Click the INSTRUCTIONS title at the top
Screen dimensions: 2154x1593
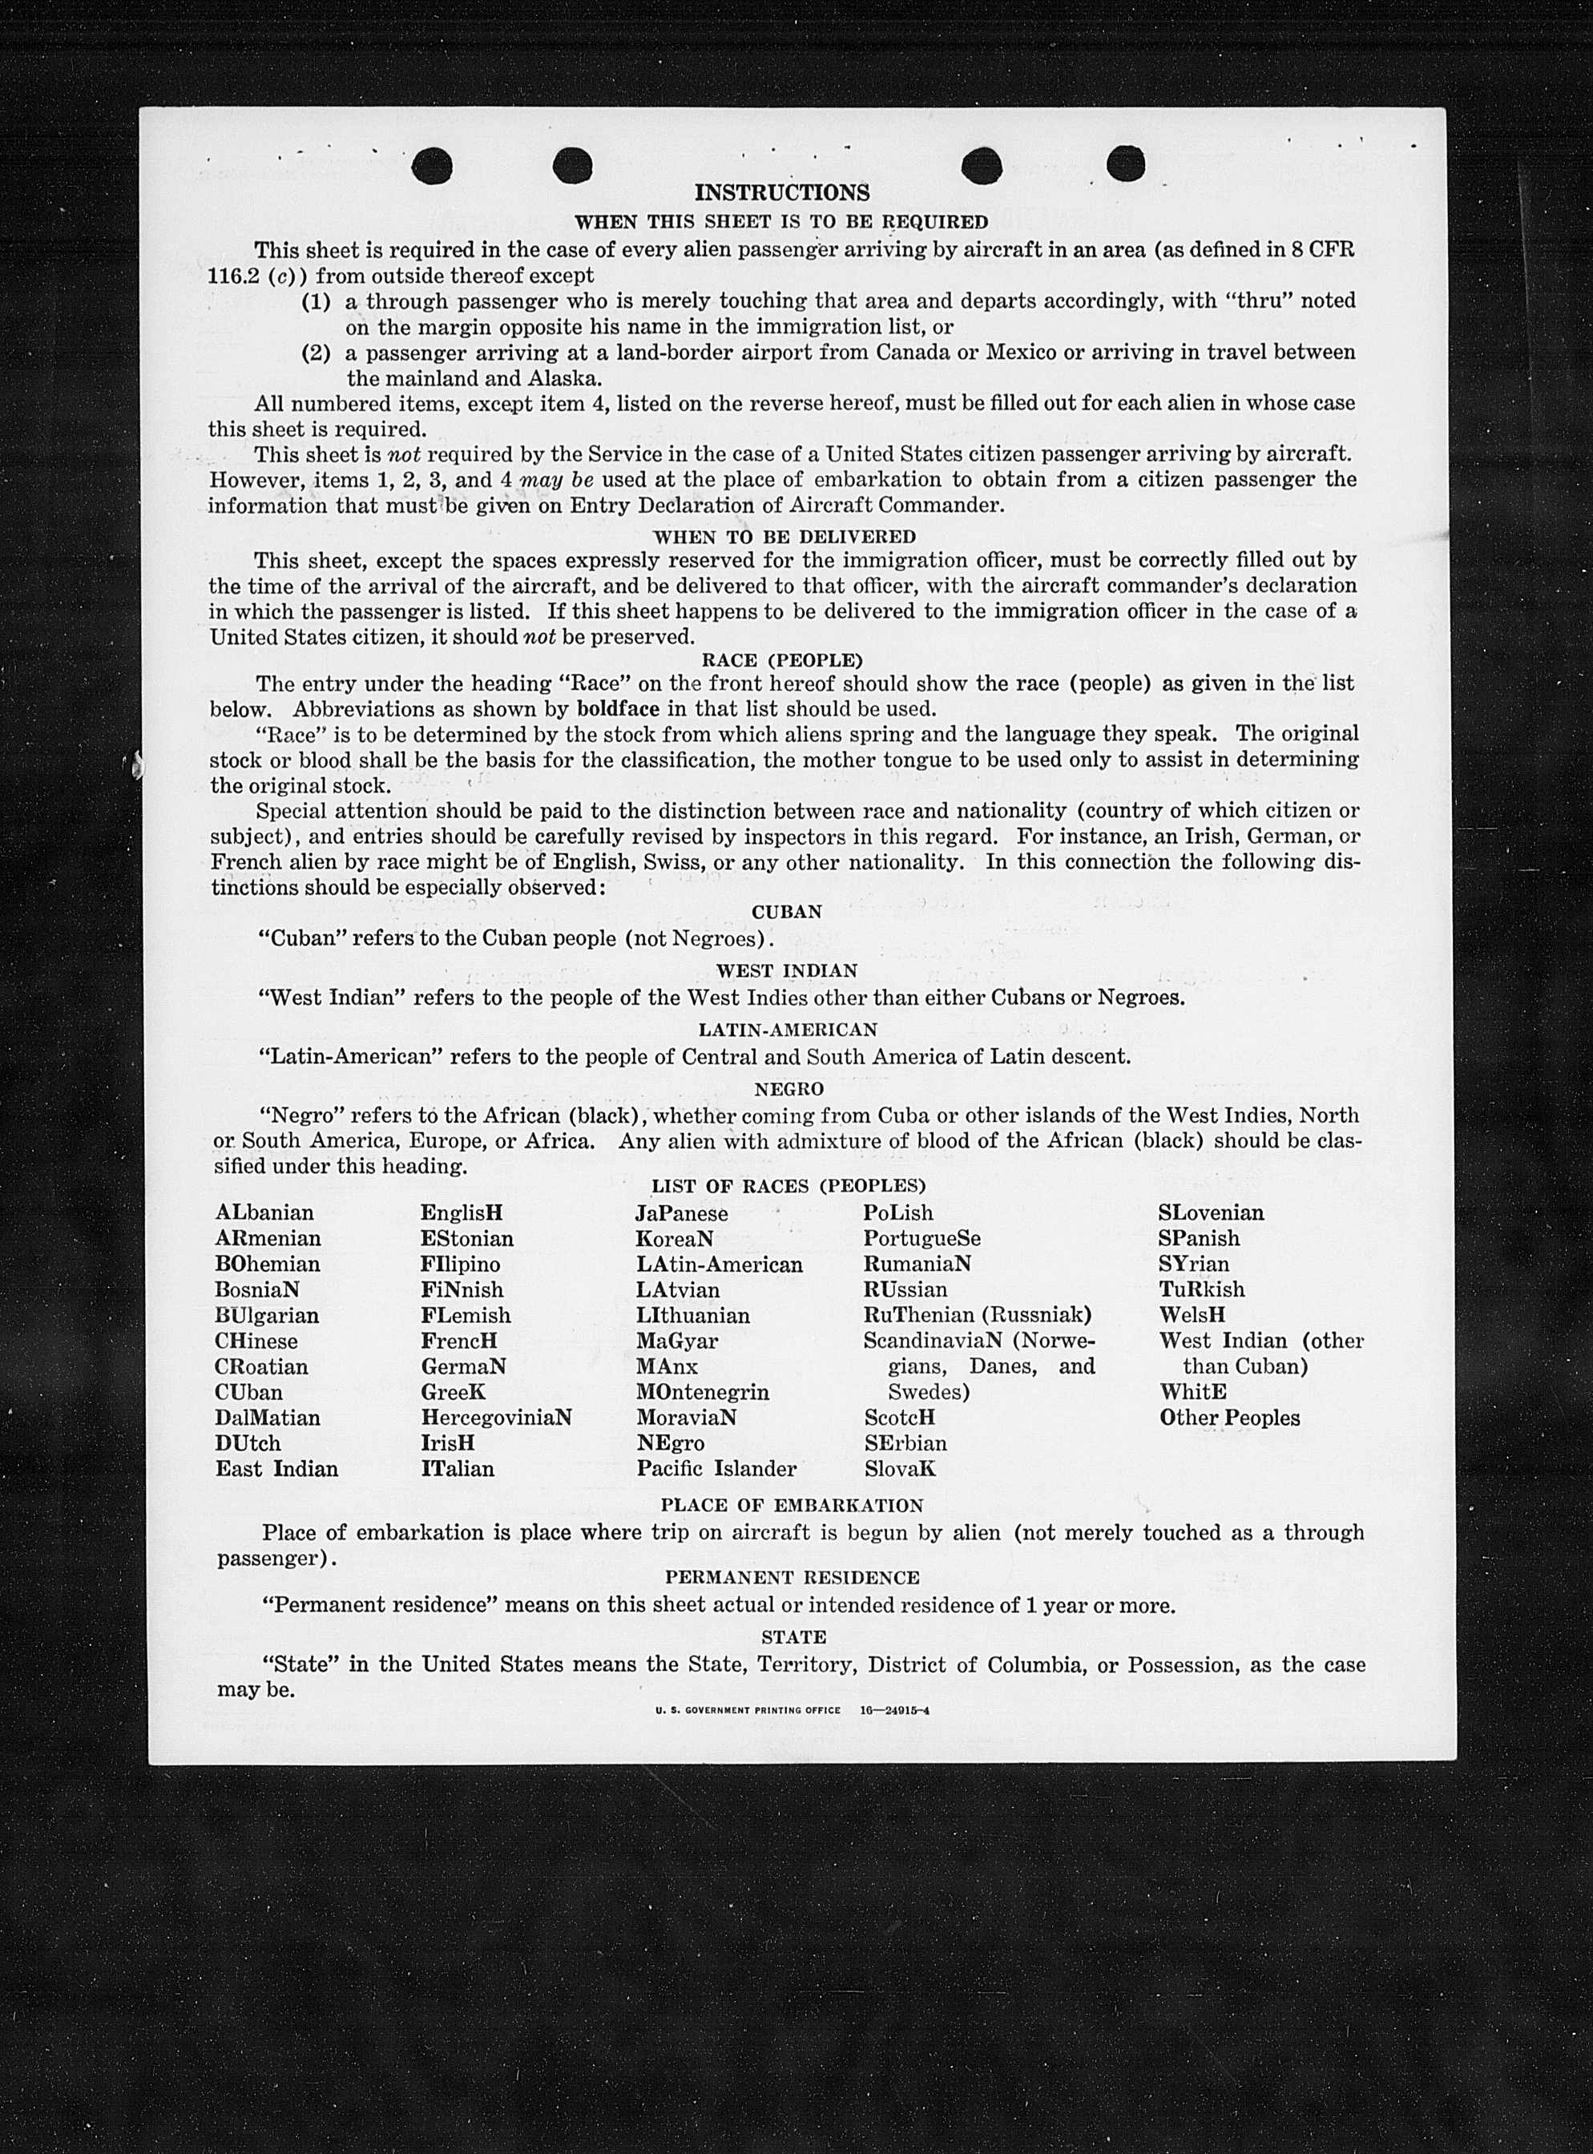(781, 193)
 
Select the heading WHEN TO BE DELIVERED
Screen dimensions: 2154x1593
(784, 536)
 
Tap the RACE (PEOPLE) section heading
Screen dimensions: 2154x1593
(781, 660)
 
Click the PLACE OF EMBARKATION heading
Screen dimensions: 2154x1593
(792, 1505)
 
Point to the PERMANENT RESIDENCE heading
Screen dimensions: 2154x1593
(792, 1577)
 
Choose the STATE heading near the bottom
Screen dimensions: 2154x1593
(792, 1637)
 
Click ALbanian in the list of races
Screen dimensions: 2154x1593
(264, 1213)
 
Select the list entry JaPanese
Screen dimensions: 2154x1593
(681, 1213)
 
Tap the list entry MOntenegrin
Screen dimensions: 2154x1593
(702, 1392)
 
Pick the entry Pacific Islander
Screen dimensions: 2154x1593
(716, 1470)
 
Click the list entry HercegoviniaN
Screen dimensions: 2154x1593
(496, 1418)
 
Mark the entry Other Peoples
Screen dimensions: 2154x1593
(1229, 1418)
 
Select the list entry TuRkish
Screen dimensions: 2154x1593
(1201, 1289)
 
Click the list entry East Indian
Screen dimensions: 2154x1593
(276, 1470)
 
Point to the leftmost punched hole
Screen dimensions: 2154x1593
(431, 166)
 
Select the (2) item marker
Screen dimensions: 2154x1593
(317, 353)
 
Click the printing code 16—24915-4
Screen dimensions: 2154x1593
(895, 1711)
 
